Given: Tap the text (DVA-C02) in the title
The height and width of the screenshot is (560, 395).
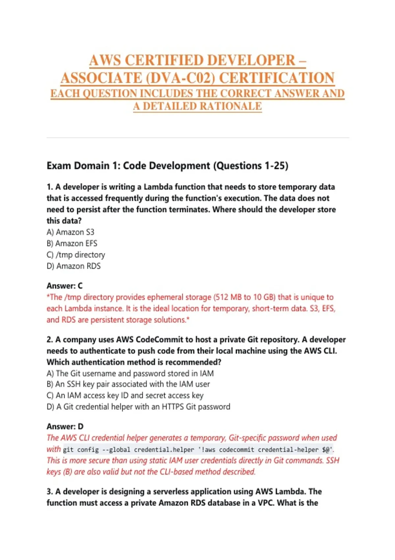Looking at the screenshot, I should (x=180, y=78).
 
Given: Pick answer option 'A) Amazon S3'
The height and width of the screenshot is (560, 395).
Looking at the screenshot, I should (x=70, y=232).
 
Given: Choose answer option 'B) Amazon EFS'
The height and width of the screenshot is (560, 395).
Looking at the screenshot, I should (x=72, y=243).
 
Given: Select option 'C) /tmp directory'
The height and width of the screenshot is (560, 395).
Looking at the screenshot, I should (x=76, y=255).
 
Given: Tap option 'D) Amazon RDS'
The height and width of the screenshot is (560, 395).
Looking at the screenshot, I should (x=73, y=266).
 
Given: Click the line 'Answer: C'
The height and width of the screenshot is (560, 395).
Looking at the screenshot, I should (x=65, y=286).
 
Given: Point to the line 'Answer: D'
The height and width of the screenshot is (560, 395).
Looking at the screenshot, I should (x=65, y=427).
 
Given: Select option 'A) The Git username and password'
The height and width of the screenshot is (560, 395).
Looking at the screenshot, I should (x=130, y=374).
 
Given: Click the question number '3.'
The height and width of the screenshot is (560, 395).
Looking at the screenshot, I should (x=50, y=491).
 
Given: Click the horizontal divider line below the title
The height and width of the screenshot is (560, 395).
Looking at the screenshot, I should (x=197, y=138).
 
